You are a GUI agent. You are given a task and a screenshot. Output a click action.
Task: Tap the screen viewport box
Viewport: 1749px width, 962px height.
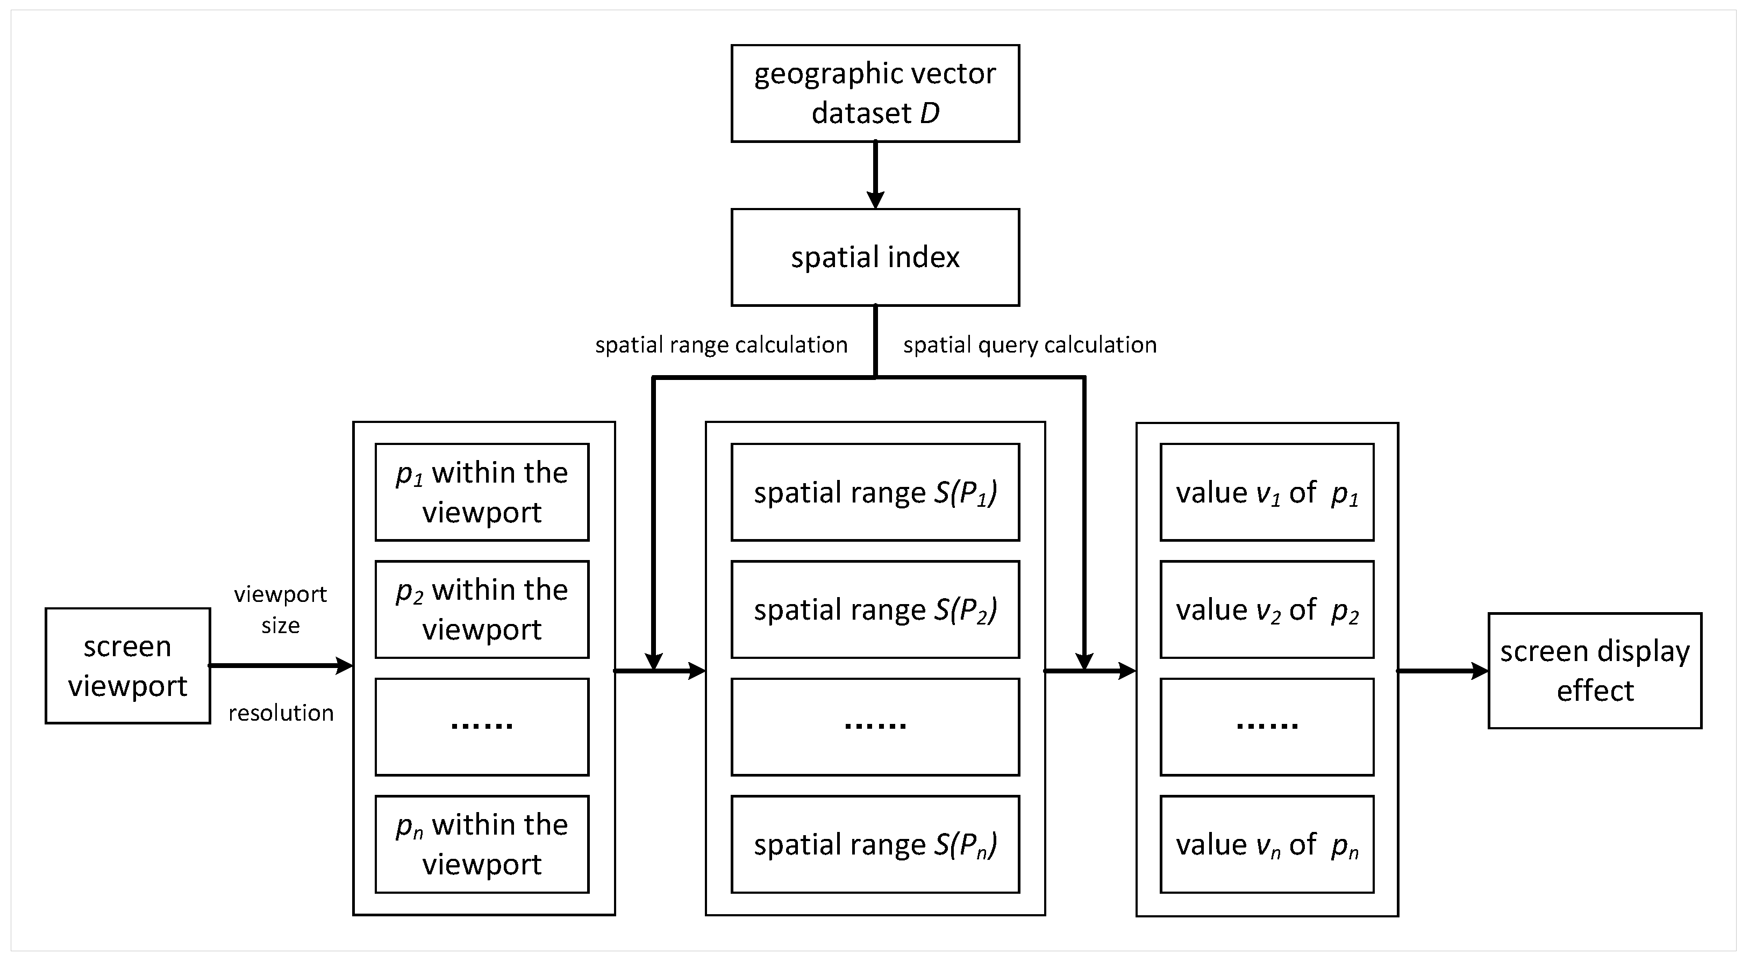pos(127,666)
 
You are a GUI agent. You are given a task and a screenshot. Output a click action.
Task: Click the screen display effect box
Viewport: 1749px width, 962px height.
pos(1594,671)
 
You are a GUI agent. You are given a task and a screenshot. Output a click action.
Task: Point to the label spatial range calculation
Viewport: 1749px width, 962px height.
pos(721,345)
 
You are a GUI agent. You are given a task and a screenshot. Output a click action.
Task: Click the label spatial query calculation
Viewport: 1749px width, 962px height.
pos(1029,345)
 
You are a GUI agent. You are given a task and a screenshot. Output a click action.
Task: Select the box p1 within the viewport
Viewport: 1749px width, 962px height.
pos(482,492)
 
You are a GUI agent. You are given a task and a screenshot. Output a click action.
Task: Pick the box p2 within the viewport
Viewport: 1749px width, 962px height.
pos(482,609)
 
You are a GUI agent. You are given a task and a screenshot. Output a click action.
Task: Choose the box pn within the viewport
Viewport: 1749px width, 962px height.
pos(482,844)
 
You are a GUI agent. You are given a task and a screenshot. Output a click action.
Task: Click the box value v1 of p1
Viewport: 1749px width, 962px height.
pos(1267,492)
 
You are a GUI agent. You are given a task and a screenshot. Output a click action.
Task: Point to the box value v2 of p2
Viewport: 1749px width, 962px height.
pos(1267,609)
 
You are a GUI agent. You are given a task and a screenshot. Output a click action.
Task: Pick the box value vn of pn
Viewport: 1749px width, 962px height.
pos(1267,844)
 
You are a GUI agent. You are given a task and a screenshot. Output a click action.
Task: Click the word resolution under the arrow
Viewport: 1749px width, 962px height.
pos(281,713)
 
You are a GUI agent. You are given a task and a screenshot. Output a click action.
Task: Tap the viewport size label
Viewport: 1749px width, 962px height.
pos(281,609)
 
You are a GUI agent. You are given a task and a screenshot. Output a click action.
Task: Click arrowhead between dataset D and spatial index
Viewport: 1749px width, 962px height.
pos(875,199)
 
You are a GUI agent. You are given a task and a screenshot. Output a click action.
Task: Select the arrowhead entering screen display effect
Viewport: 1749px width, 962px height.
pos(1479,671)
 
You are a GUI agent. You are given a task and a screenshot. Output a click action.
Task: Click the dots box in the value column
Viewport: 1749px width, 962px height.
pos(1267,727)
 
